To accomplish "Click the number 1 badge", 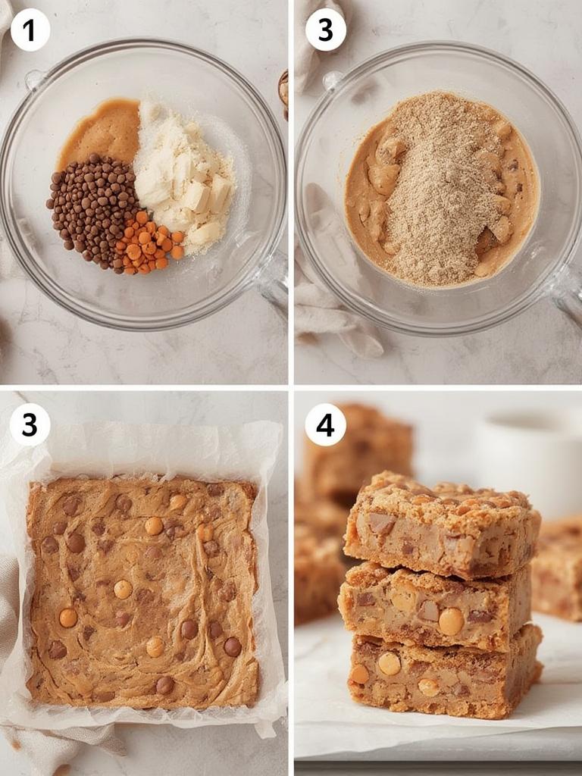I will [30, 30].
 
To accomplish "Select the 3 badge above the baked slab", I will [30, 425].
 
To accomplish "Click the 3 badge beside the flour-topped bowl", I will [325, 30].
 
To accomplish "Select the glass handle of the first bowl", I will [271, 280].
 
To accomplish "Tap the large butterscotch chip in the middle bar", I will [451, 621].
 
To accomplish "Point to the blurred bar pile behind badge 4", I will [364, 455].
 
